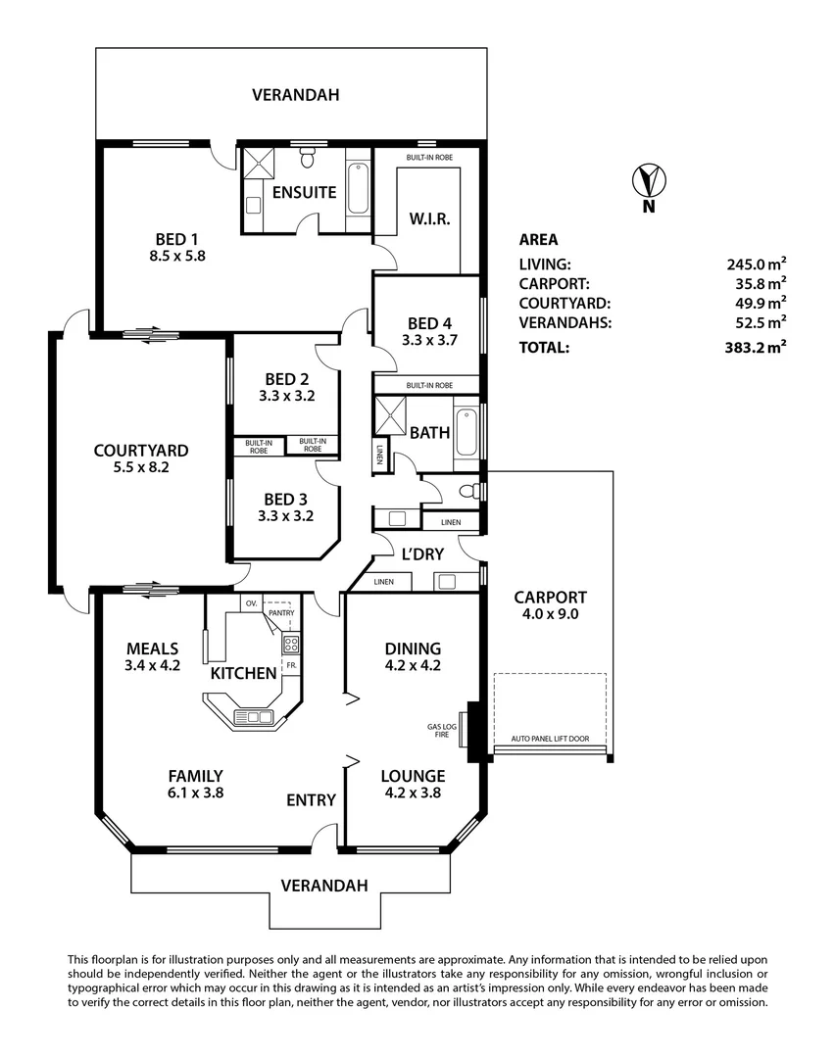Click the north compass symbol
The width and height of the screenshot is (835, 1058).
tap(648, 182)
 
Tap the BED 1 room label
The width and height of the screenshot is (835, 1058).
tap(176, 238)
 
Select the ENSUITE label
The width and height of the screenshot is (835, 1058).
tap(305, 192)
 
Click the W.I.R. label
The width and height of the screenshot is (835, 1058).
tap(429, 218)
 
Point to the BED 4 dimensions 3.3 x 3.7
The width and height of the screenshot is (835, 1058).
tap(429, 341)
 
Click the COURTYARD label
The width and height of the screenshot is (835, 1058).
tap(140, 451)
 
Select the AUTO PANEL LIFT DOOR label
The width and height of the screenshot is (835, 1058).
tap(551, 740)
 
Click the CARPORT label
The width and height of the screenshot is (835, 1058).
tap(550, 597)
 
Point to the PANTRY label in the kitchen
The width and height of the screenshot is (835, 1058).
tap(280, 613)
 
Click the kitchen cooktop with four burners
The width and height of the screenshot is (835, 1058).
tap(290, 644)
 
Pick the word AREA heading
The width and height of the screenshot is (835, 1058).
tap(538, 239)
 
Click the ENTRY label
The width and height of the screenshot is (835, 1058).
tap(311, 800)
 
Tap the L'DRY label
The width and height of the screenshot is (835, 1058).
tap(422, 553)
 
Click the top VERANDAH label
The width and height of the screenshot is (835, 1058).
tap(295, 95)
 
